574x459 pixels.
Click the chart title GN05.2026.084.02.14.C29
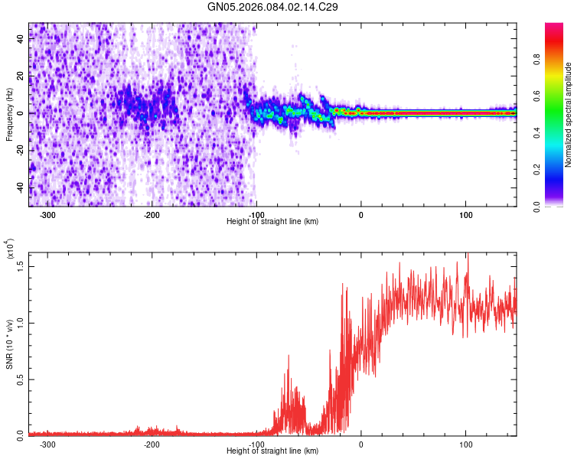(273, 8)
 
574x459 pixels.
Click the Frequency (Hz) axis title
(9, 115)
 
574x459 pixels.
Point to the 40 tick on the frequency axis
(21, 40)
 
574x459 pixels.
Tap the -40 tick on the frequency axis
(21, 187)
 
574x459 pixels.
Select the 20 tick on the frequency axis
(21, 76)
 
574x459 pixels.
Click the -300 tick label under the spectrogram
(47, 215)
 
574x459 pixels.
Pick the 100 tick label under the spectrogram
(465, 215)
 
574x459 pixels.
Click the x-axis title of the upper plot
(272, 222)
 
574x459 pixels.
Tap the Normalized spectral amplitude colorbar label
(569, 115)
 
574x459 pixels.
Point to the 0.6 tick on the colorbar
(537, 96)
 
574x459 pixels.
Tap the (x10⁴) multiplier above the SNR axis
(10, 249)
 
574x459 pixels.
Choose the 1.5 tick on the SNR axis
(21, 265)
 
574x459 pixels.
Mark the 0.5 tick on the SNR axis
(21, 379)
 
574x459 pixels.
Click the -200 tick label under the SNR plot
(152, 444)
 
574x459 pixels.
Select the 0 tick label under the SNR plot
(360, 444)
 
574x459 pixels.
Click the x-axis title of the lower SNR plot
(272, 451)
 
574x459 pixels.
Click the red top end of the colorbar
(553, 27)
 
